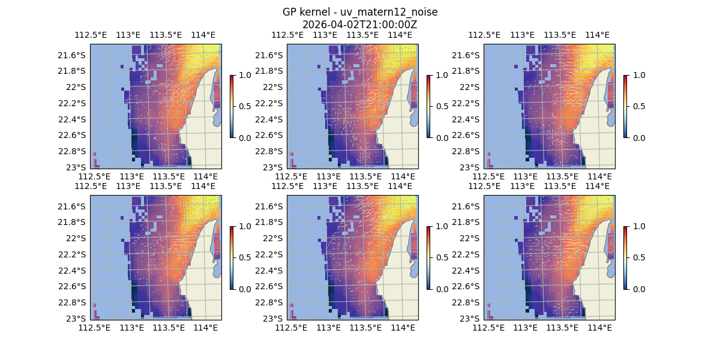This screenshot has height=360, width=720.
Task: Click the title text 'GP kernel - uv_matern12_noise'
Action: tap(359, 13)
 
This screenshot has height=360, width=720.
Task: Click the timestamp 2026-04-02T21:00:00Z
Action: tap(359, 25)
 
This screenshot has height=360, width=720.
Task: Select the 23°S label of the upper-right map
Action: tap(472, 167)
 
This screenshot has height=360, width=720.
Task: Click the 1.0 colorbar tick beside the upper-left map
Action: tap(244, 75)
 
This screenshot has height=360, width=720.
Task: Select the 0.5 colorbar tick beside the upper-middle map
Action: tap(441, 106)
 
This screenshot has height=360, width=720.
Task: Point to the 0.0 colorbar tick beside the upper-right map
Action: tap(638, 137)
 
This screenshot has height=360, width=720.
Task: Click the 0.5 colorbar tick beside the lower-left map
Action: tap(244, 257)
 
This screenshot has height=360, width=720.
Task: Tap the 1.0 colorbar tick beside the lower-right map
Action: tap(638, 226)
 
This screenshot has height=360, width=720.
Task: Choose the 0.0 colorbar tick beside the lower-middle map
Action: tap(441, 289)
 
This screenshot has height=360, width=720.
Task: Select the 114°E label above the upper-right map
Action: tap(597, 35)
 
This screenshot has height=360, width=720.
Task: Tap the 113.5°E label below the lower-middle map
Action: tap(365, 328)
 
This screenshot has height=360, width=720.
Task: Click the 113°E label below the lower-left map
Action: tap(132, 328)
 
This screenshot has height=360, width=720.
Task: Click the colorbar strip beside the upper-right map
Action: tap(625, 106)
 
